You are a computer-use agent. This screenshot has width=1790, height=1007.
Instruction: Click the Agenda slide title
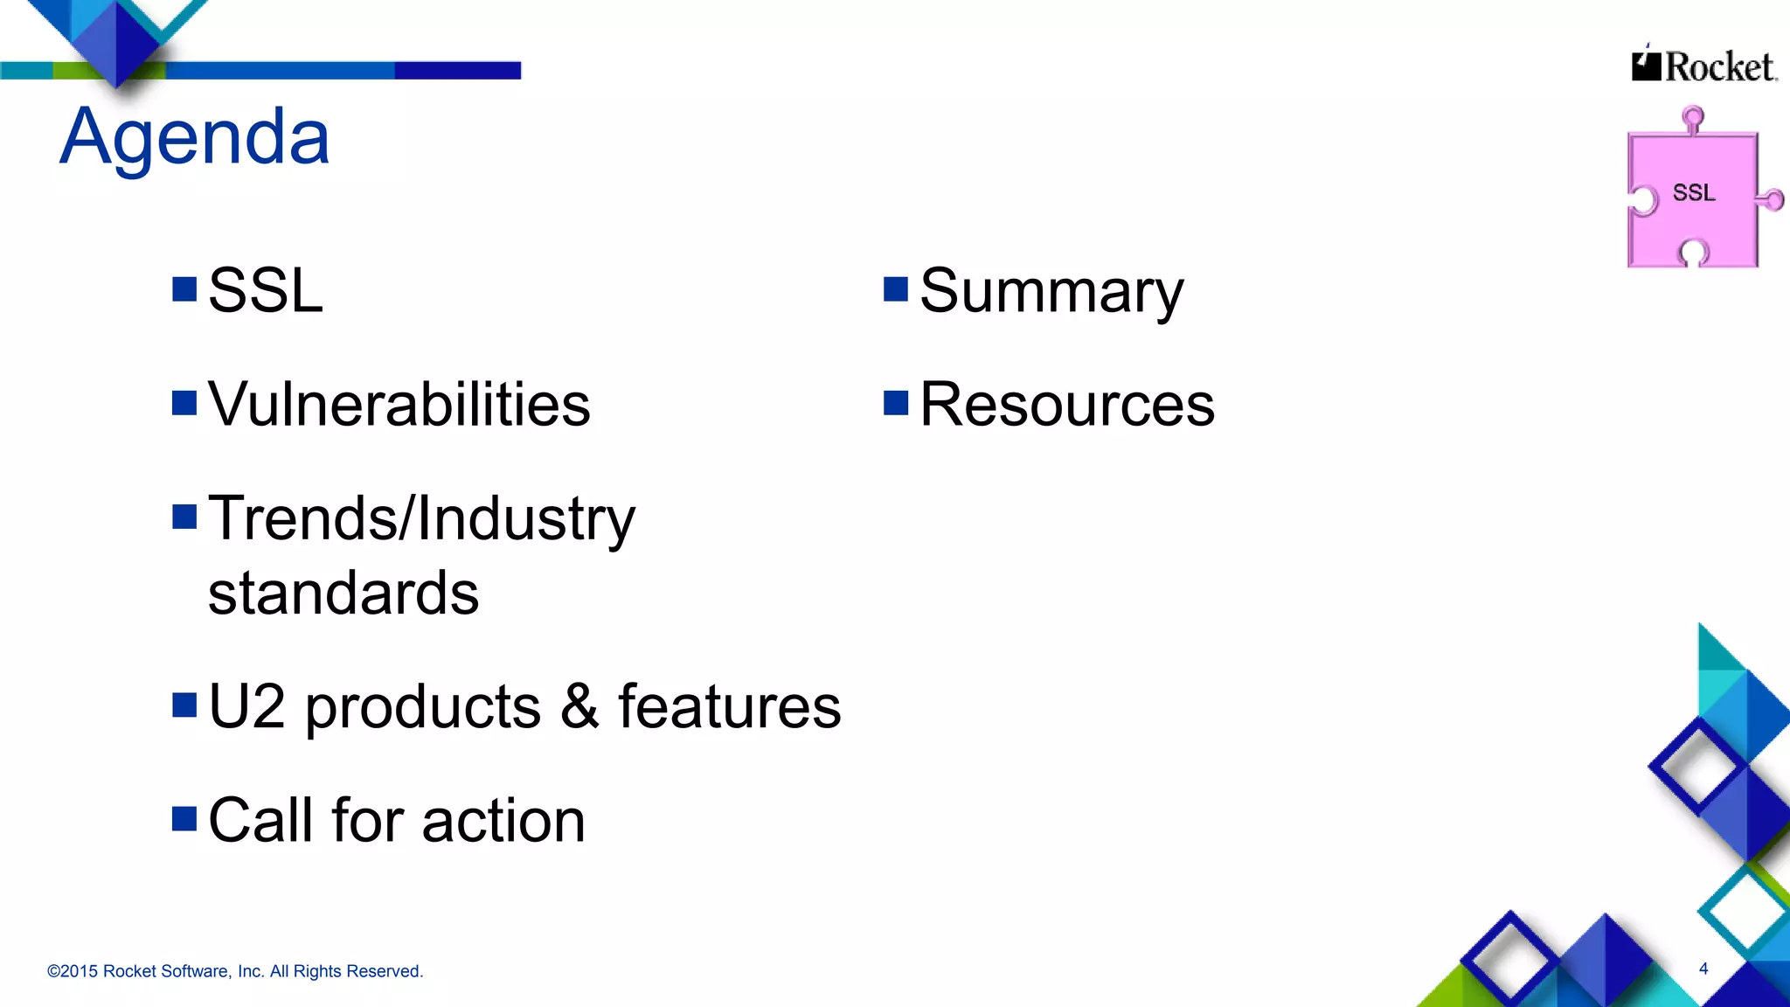pyautogui.click(x=195, y=136)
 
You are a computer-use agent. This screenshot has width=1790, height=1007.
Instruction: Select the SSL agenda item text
pyautogui.click(x=266, y=291)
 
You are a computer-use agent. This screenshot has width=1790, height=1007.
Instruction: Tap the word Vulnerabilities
pyautogui.click(x=399, y=405)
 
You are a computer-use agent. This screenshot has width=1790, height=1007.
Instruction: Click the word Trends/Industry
pyautogui.click(x=421, y=519)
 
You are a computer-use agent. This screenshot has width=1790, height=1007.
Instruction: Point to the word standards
pyautogui.click(x=343, y=594)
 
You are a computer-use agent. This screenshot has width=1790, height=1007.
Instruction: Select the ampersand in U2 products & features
pyautogui.click(x=579, y=706)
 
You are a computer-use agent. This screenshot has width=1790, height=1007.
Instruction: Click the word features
pyautogui.click(x=729, y=706)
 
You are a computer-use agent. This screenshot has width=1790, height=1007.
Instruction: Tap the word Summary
pyautogui.click(x=1051, y=292)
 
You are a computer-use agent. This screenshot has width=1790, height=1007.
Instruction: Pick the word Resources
pyautogui.click(x=1067, y=405)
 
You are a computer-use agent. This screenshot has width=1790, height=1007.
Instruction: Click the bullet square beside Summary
pyautogui.click(x=896, y=289)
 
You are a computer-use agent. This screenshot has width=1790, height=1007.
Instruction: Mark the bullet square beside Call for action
pyautogui.click(x=184, y=819)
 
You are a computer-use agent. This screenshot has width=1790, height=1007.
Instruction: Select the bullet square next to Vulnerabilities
pyautogui.click(x=184, y=403)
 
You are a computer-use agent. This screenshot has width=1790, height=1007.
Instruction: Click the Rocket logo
pyautogui.click(x=1704, y=66)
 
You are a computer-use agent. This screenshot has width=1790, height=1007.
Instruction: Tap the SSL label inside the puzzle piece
pyautogui.click(x=1694, y=192)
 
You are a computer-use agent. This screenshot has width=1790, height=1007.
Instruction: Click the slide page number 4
pyautogui.click(x=1703, y=968)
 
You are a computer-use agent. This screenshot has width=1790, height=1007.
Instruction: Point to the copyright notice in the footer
pyautogui.click(x=235, y=971)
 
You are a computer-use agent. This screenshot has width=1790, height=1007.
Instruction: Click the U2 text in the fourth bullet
pyautogui.click(x=246, y=706)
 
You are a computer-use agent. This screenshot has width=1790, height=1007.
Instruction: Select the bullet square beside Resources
pyautogui.click(x=896, y=403)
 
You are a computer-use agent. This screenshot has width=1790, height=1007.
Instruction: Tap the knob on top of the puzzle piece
pyautogui.click(x=1693, y=117)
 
